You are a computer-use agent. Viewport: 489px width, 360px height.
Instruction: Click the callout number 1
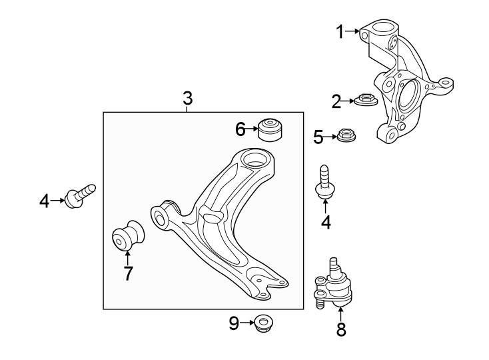point(340,31)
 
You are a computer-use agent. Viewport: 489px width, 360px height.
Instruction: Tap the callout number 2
point(336,102)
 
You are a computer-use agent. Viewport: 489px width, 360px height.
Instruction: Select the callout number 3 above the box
point(187,99)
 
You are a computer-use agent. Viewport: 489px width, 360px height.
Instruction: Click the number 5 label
point(318,137)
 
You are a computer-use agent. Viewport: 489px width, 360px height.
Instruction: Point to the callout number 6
point(240,129)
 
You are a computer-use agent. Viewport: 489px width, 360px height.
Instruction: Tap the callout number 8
point(341,329)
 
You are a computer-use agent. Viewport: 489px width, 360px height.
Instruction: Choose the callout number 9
point(234,324)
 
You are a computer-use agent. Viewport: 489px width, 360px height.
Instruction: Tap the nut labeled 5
point(346,136)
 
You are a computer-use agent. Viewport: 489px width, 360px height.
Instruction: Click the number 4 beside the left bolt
point(44,200)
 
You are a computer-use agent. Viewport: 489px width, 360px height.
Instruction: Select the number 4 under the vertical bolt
point(326,222)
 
